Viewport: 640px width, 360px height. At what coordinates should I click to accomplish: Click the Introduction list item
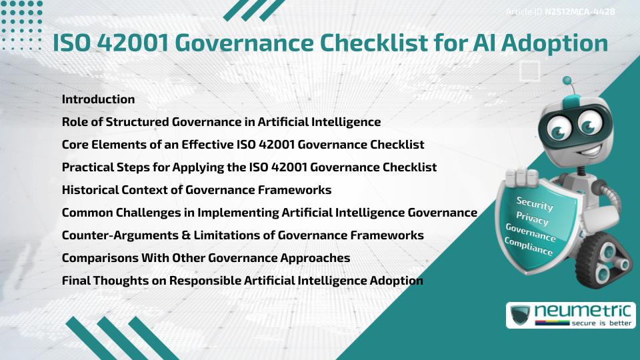tap(98, 99)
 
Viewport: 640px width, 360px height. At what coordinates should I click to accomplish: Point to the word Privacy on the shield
tap(532, 219)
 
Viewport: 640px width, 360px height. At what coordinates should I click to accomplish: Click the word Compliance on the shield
tap(529, 247)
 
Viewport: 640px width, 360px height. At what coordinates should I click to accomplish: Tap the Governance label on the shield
tap(530, 233)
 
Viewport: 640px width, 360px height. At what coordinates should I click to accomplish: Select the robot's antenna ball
tap(567, 81)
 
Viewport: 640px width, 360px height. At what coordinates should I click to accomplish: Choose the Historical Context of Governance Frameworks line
tap(197, 189)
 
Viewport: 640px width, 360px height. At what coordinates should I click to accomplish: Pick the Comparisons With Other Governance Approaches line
tap(206, 257)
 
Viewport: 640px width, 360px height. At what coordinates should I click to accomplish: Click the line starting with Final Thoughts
tap(242, 280)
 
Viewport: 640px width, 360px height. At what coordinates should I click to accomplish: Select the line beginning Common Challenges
tap(269, 212)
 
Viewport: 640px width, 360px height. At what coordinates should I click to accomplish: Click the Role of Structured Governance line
tap(221, 122)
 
